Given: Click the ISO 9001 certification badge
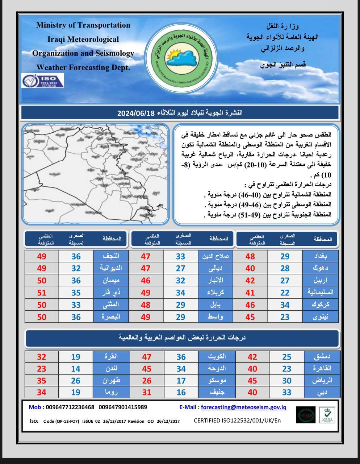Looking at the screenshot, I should coord(43,80).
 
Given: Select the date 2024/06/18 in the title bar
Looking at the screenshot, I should coord(136,113).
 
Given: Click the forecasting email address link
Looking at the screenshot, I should coord(243,407).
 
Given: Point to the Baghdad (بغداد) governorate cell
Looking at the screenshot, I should coord(320,256).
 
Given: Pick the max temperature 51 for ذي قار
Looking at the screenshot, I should coord(42,293).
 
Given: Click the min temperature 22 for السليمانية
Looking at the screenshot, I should coord(285,293).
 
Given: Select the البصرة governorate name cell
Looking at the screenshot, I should coord(110,316).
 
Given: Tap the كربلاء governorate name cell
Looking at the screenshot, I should coord(215,293).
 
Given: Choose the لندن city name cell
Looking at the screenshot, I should coord(111,369).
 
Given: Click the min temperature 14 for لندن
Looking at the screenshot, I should coord(75,369).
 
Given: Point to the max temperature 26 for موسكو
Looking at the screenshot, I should coord(146,381).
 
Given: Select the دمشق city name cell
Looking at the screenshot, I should coord(321,357).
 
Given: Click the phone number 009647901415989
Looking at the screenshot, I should coord(123,407).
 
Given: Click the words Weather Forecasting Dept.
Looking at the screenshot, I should coord(83,67).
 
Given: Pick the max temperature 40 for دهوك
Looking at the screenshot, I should coord(250,268).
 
